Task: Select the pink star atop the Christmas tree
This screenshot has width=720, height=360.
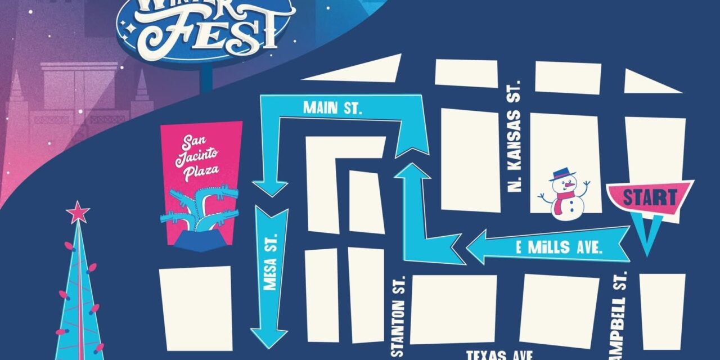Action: click(x=78, y=212)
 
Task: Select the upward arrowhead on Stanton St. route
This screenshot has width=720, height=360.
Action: click(x=412, y=172)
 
